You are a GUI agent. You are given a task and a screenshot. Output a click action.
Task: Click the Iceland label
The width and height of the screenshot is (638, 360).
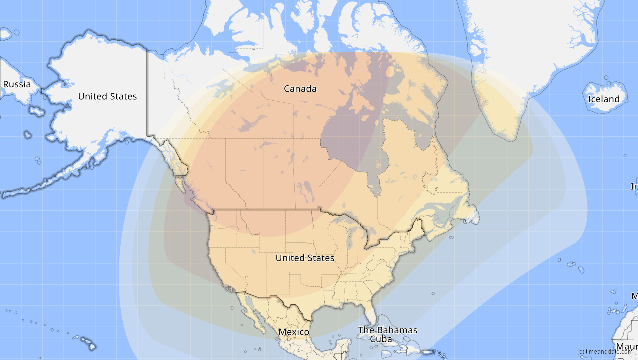(x=603, y=99)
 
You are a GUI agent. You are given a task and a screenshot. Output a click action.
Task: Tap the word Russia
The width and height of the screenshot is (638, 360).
(x=17, y=84)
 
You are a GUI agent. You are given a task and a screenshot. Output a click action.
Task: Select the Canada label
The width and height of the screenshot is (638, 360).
(x=300, y=89)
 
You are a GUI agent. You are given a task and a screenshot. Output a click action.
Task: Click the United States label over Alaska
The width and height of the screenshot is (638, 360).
(x=107, y=96)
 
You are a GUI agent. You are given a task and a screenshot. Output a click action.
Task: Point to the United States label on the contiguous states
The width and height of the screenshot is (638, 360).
(x=304, y=258)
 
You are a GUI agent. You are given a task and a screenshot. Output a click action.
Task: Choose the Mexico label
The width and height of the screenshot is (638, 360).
(x=294, y=332)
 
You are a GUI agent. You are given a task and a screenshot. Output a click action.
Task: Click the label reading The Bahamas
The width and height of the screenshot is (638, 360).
(x=387, y=330)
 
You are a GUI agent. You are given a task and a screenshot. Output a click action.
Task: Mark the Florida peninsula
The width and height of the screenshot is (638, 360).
(x=370, y=312)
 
